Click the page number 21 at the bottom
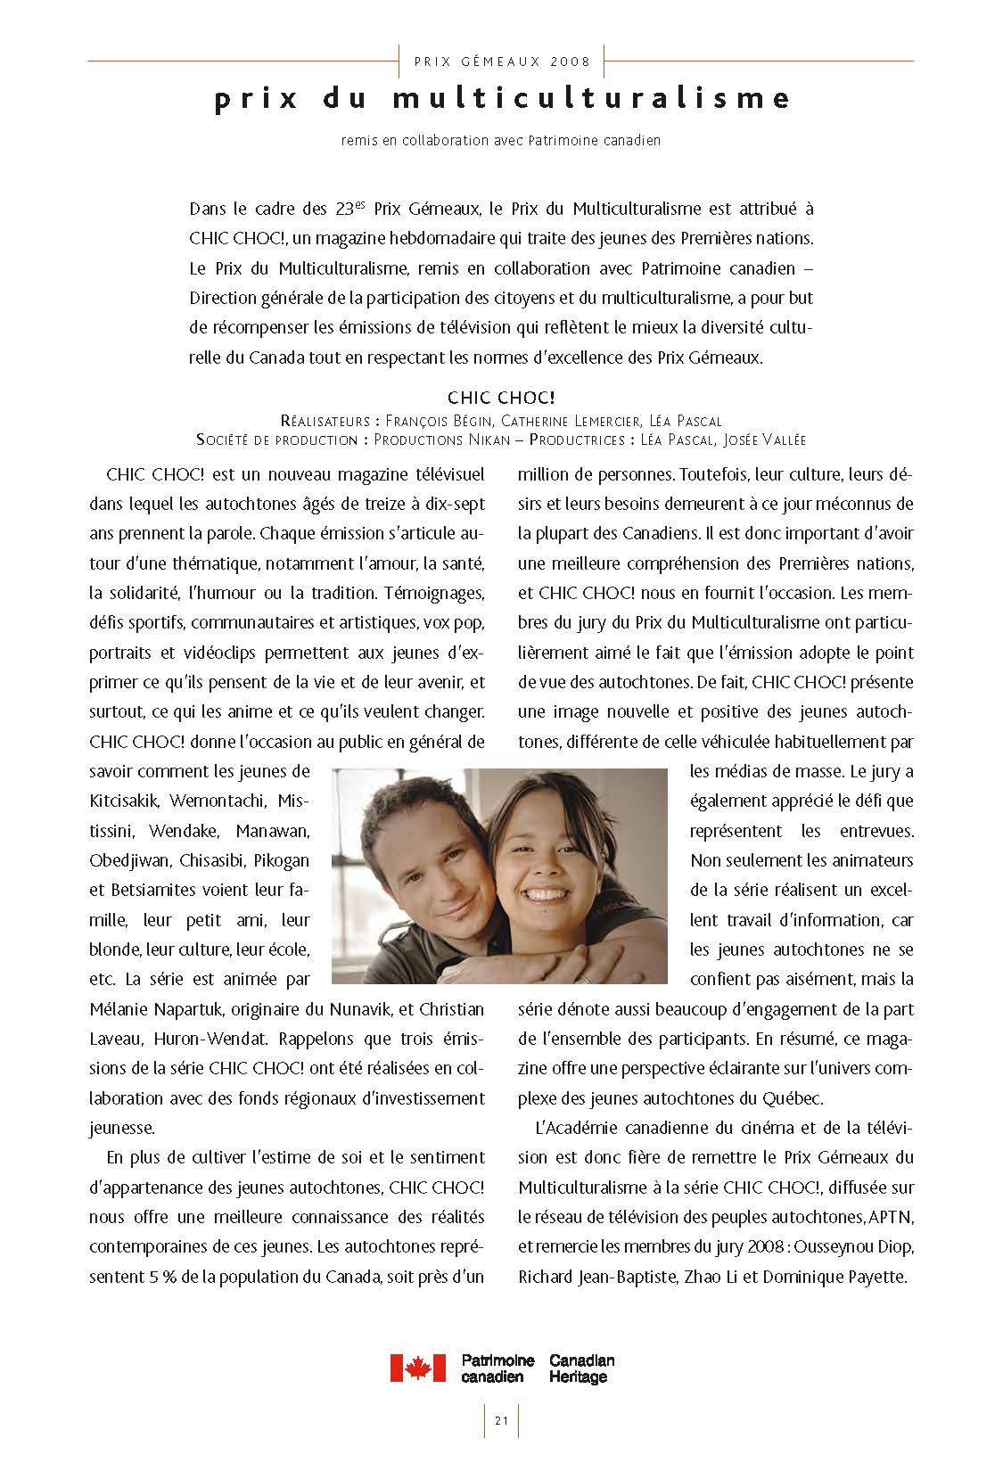click(501, 1420)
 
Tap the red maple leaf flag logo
click(417, 1368)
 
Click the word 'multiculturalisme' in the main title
click(590, 98)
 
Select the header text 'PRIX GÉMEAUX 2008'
click(502, 62)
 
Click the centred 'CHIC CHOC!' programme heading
click(501, 397)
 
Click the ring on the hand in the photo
click(584, 978)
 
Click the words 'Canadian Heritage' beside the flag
click(582, 1368)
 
